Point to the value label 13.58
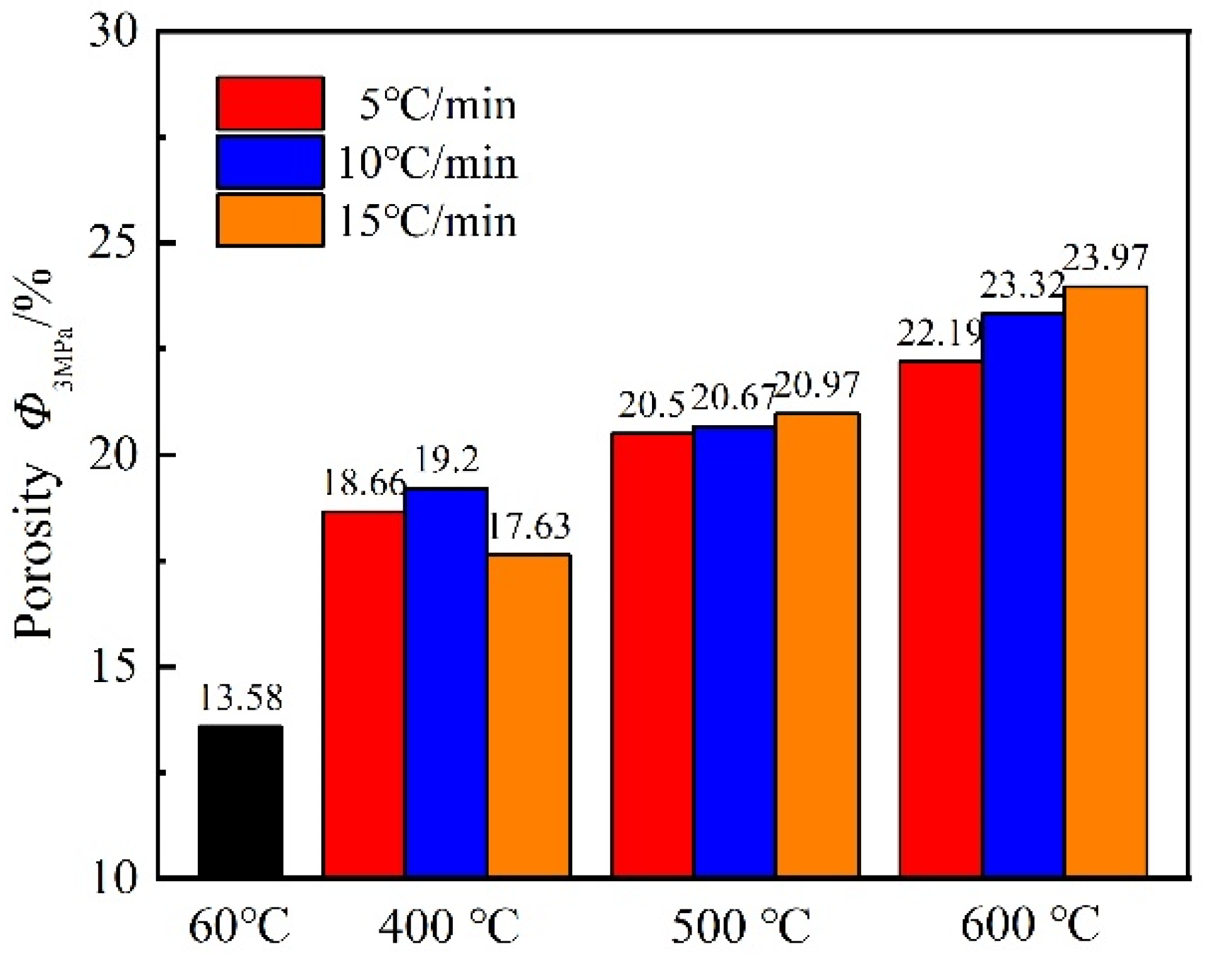(x=241, y=698)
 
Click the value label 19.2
(x=446, y=460)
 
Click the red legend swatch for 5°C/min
(x=270, y=103)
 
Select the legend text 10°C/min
(x=428, y=163)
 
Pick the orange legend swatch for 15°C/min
(x=270, y=220)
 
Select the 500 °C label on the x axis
(x=741, y=924)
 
